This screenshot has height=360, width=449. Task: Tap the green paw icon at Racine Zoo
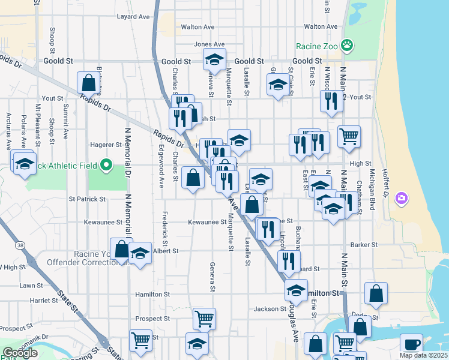pos(346,44)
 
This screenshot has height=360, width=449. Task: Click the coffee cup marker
pos(412,344)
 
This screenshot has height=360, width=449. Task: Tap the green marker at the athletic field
pos(106,164)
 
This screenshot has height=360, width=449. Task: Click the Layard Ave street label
pos(133,17)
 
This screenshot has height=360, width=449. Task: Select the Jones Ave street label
pos(209,44)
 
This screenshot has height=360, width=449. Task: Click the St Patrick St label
pos(87,199)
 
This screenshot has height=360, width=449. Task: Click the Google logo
pos(20,353)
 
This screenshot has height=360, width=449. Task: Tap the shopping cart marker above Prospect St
pos(204,318)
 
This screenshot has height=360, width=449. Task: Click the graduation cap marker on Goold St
pos(214,59)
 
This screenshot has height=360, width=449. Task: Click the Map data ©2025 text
pos(423,355)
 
